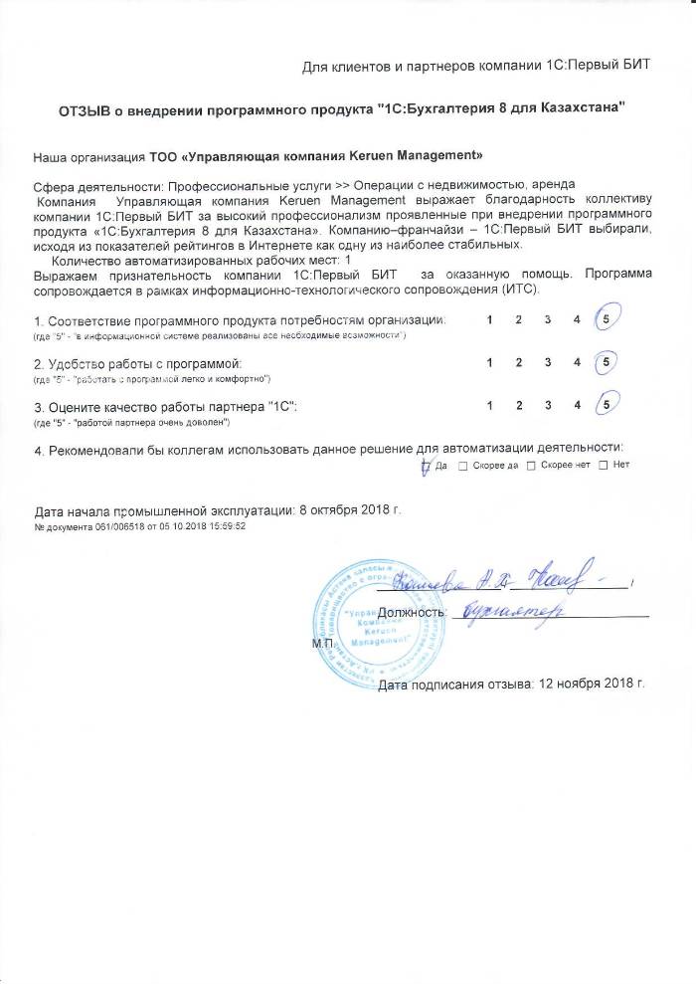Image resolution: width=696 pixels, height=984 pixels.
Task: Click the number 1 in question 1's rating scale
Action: coord(489,319)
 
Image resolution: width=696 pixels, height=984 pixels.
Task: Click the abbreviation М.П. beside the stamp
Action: coord(323,644)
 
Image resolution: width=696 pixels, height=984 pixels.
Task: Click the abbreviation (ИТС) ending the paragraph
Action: coord(519,290)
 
